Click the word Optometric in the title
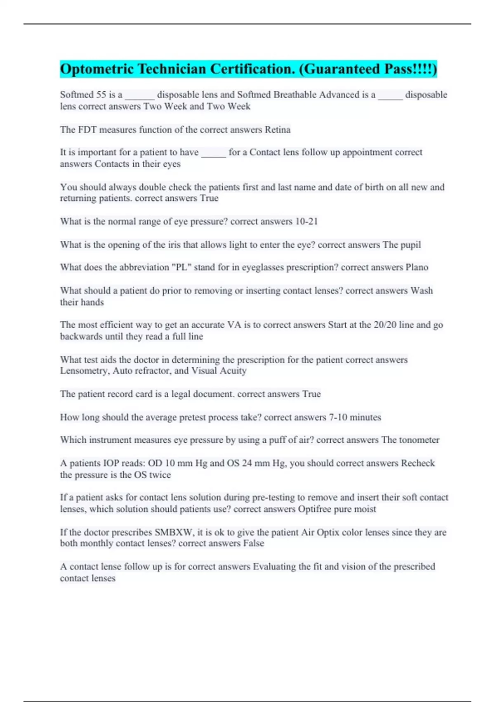97,69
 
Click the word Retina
277,130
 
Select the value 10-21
306,221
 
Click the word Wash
422,290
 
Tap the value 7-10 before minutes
338,417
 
